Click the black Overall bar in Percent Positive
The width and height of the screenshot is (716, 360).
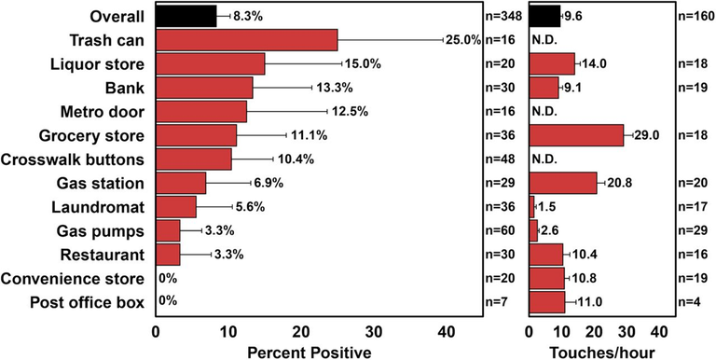coord(186,17)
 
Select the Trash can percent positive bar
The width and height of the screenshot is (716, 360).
coord(247,40)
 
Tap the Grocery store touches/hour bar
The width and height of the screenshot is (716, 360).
coord(576,135)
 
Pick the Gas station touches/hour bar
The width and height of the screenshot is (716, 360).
coord(563,183)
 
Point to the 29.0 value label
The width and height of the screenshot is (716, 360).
coord(647,135)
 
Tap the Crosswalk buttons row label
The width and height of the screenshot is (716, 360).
coord(73,159)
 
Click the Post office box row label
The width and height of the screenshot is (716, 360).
coord(88,302)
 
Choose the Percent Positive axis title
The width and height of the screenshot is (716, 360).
coord(310,353)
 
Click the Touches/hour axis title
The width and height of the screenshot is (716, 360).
coord(601,353)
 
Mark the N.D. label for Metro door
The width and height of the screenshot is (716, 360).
coord(544,112)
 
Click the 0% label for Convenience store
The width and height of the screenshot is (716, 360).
coord(168,279)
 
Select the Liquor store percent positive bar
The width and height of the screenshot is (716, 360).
coord(211,64)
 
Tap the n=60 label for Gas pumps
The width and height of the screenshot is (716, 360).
coord(502,231)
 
